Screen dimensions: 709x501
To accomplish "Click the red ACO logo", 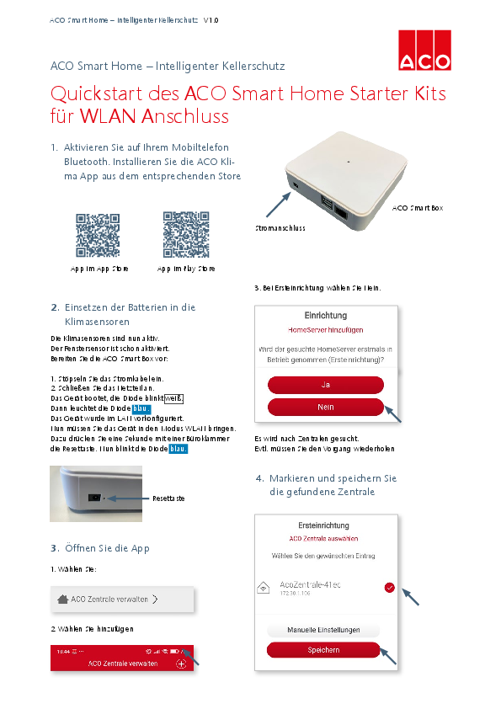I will (x=424, y=50).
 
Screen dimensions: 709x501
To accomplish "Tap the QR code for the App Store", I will (x=99, y=235).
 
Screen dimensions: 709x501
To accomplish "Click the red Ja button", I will (x=325, y=385).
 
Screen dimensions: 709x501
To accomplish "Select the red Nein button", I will (x=325, y=407).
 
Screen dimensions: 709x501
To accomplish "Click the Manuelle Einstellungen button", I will (x=323, y=630).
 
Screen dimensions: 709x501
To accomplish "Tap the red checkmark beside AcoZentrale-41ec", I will (x=389, y=588).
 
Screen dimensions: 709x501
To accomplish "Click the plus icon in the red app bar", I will (x=181, y=664).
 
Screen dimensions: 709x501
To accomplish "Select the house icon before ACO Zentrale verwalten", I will (x=62, y=600).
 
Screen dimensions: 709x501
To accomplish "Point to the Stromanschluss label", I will (x=280, y=228).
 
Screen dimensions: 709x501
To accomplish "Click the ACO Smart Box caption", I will (x=418, y=207).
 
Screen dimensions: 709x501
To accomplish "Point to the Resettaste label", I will (x=168, y=498).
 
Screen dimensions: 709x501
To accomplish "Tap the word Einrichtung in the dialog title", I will (x=326, y=315).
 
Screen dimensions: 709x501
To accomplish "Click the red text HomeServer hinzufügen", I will (x=326, y=330).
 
